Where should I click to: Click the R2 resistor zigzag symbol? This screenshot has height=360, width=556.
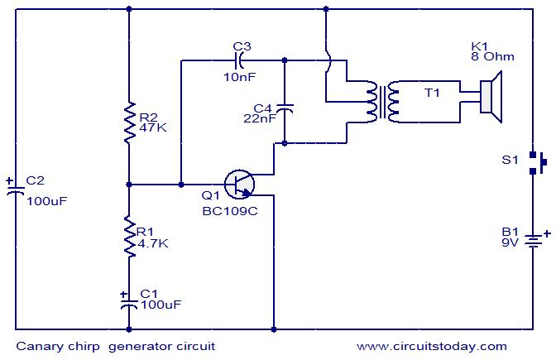[x=129, y=122]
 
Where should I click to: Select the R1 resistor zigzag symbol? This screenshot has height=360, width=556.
[x=129, y=236]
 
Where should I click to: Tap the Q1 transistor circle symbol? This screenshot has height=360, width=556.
[x=240, y=185]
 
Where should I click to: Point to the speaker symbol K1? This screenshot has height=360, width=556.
[x=491, y=97]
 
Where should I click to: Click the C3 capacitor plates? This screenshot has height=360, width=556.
[x=240, y=60]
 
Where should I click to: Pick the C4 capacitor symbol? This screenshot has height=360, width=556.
[x=285, y=108]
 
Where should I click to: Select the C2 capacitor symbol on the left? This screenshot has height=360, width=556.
[x=15, y=190]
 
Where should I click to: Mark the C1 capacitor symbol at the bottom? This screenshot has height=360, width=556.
[x=129, y=302]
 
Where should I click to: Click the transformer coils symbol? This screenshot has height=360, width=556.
[x=382, y=102]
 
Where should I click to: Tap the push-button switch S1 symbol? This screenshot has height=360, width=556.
[x=537, y=163]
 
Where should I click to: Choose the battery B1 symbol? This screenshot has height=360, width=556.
[x=534, y=241]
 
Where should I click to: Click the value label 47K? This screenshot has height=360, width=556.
[x=153, y=127]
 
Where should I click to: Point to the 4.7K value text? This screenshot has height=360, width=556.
[x=153, y=243]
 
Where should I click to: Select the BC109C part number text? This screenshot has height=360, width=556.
[x=230, y=211]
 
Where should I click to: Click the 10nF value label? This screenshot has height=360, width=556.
[x=240, y=77]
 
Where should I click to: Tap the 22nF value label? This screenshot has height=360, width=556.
[x=260, y=118]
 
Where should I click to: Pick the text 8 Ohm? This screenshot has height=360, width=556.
[x=492, y=56]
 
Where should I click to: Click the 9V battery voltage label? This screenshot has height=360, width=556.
[x=510, y=242]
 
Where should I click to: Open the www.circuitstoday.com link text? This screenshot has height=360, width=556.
[x=432, y=346]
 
